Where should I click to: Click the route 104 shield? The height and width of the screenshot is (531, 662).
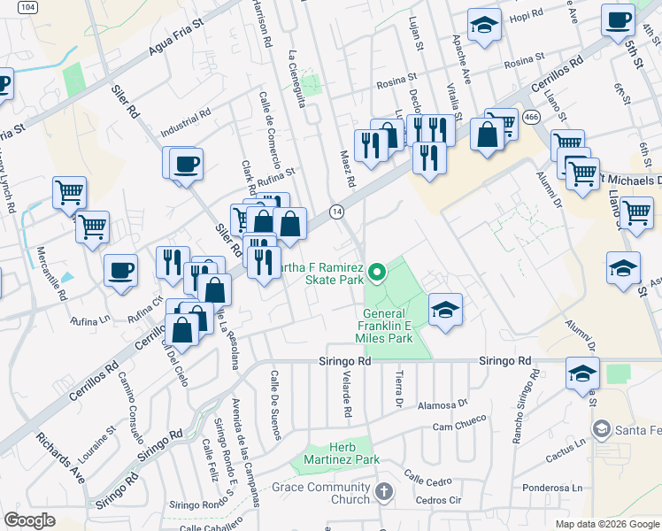tap(28, 6)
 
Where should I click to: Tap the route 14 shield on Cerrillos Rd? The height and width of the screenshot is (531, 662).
tap(337, 212)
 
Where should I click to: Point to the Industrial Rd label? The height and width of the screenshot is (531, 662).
tap(186, 122)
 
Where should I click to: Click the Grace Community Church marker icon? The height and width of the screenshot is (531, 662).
tap(383, 490)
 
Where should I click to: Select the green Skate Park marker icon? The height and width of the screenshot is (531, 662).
tap(378, 272)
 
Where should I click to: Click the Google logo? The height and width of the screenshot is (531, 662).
tap(30, 519)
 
